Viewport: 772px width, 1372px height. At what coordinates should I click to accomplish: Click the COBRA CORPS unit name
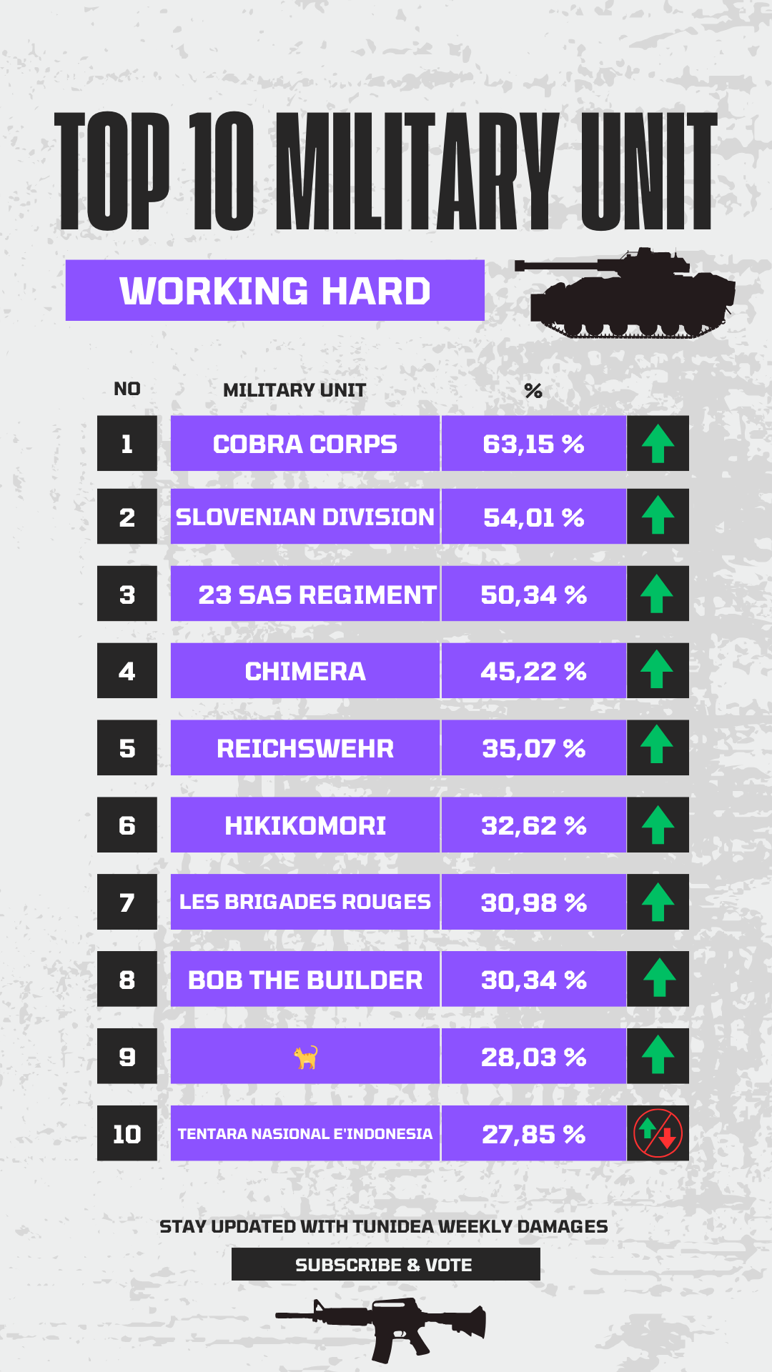[x=305, y=444]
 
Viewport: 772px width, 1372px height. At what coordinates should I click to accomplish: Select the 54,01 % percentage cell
[x=533, y=517]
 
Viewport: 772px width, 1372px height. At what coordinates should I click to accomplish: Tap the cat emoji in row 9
[x=306, y=1057]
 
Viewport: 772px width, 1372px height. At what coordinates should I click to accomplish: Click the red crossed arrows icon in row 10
[x=658, y=1133]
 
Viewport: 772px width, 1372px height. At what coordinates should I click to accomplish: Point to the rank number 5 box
[x=127, y=748]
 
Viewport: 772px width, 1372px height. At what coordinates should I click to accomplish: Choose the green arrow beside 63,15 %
[x=658, y=444]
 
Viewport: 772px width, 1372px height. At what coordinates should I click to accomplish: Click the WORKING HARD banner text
[x=275, y=291]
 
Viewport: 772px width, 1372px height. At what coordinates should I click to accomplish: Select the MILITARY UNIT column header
[x=295, y=390]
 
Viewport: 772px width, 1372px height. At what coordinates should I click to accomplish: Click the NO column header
[x=127, y=389]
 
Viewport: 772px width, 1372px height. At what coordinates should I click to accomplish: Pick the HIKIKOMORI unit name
[x=305, y=825]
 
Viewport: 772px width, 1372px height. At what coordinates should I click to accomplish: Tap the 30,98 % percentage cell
[x=533, y=902]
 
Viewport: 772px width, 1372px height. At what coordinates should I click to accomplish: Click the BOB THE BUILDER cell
[x=305, y=979]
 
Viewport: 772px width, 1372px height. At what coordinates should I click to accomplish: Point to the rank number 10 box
[x=127, y=1133]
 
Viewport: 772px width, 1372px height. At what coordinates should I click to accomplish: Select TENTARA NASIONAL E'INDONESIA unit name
[x=305, y=1134]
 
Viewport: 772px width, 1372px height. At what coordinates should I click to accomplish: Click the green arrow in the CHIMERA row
[x=657, y=670]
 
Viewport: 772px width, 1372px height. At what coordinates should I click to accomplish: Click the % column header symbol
[x=533, y=391]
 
